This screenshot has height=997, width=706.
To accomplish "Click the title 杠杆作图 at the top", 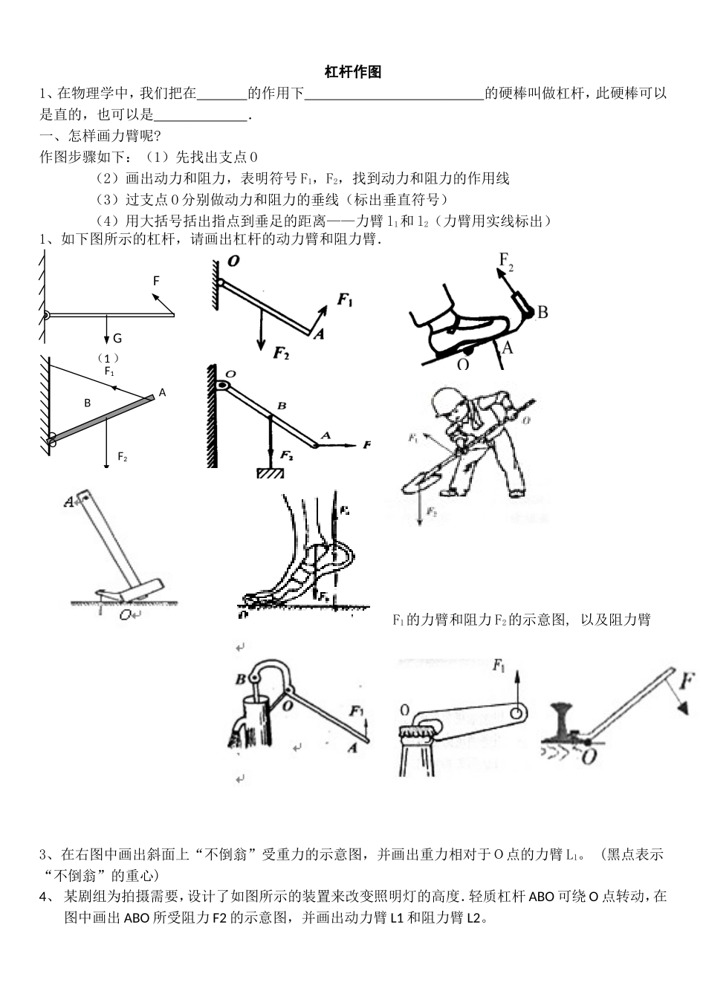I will (x=353, y=72).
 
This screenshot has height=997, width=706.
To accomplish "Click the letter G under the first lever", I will (x=117, y=339).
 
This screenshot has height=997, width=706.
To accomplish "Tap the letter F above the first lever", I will (x=156, y=281).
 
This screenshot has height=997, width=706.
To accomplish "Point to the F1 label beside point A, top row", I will (x=346, y=299).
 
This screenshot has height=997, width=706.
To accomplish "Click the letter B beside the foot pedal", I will (x=543, y=312).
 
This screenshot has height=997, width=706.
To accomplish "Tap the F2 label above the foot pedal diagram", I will (x=506, y=261).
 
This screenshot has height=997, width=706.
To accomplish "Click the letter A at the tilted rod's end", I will (x=163, y=392).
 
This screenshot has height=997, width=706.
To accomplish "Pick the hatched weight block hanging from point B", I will (x=271, y=473).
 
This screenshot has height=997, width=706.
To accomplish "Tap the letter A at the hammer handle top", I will (x=69, y=502).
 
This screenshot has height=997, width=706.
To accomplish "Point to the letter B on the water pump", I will (x=240, y=679).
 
